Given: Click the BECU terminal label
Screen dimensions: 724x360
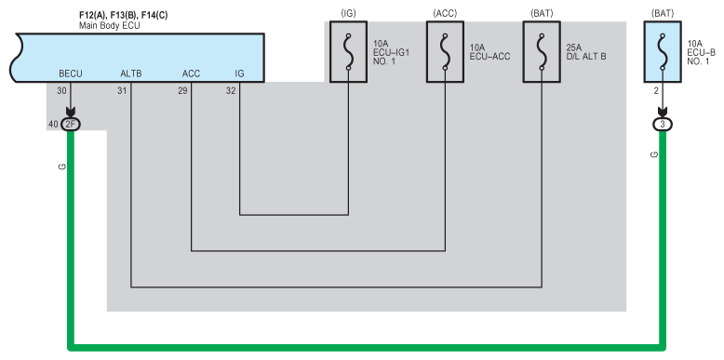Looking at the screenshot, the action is click(71, 73).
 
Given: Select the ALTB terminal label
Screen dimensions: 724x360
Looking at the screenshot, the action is click(131, 73).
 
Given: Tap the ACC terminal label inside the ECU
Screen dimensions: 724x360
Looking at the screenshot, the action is click(191, 73).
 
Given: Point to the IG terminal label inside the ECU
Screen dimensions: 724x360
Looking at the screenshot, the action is click(240, 73).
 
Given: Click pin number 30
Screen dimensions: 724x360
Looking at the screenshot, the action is click(61, 91).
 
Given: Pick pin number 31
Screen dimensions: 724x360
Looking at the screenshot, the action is click(122, 91).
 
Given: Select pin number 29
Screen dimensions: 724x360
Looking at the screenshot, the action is click(182, 91).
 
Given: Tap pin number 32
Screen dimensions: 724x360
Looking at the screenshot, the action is click(231, 91).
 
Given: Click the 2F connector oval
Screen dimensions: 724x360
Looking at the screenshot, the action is click(71, 124).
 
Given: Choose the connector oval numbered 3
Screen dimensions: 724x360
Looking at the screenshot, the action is click(663, 124).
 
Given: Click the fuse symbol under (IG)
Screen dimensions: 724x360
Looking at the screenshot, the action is click(349, 52).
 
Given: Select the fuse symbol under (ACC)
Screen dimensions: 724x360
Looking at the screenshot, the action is click(445, 52).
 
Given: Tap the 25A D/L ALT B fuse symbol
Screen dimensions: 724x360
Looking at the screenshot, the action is click(542, 52).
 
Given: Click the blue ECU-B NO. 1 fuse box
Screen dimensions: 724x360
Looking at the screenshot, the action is click(663, 52).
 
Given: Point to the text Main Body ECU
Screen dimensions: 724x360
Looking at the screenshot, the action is click(110, 26).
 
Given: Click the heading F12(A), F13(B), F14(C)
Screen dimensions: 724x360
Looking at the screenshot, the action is click(123, 16).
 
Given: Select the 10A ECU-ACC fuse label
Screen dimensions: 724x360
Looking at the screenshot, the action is click(489, 52).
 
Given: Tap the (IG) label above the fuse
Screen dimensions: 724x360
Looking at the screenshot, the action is click(349, 14).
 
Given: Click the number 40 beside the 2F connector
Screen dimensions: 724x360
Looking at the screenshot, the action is click(53, 124).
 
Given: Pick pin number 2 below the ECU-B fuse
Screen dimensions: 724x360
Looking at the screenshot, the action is click(656, 91).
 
